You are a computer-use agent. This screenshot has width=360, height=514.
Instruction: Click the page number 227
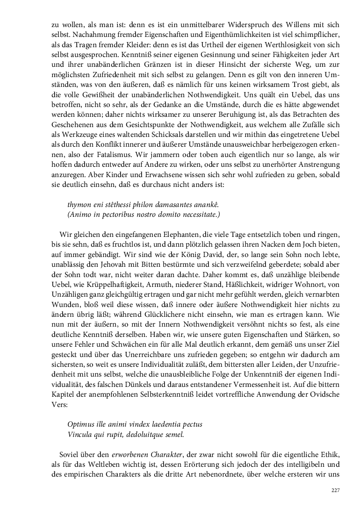[335, 490]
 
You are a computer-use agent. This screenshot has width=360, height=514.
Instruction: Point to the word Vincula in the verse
[80, 435]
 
